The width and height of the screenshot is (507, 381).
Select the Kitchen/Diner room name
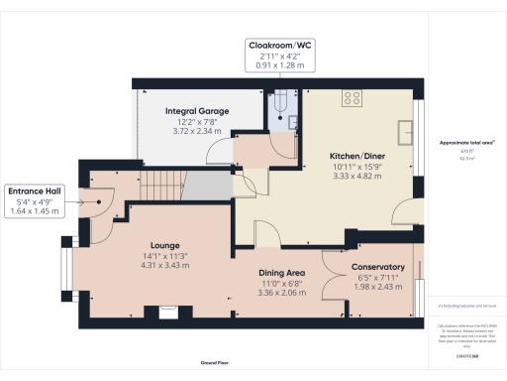click(356, 155)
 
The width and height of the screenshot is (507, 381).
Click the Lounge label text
click(163, 244)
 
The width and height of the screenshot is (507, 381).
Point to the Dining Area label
click(281, 272)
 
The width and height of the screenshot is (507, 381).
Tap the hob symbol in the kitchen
click(352, 97)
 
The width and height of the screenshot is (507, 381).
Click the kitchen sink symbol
click(407, 133)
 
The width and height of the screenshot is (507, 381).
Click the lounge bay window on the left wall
click(66, 268)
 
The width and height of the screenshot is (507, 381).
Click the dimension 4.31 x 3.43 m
click(163, 264)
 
